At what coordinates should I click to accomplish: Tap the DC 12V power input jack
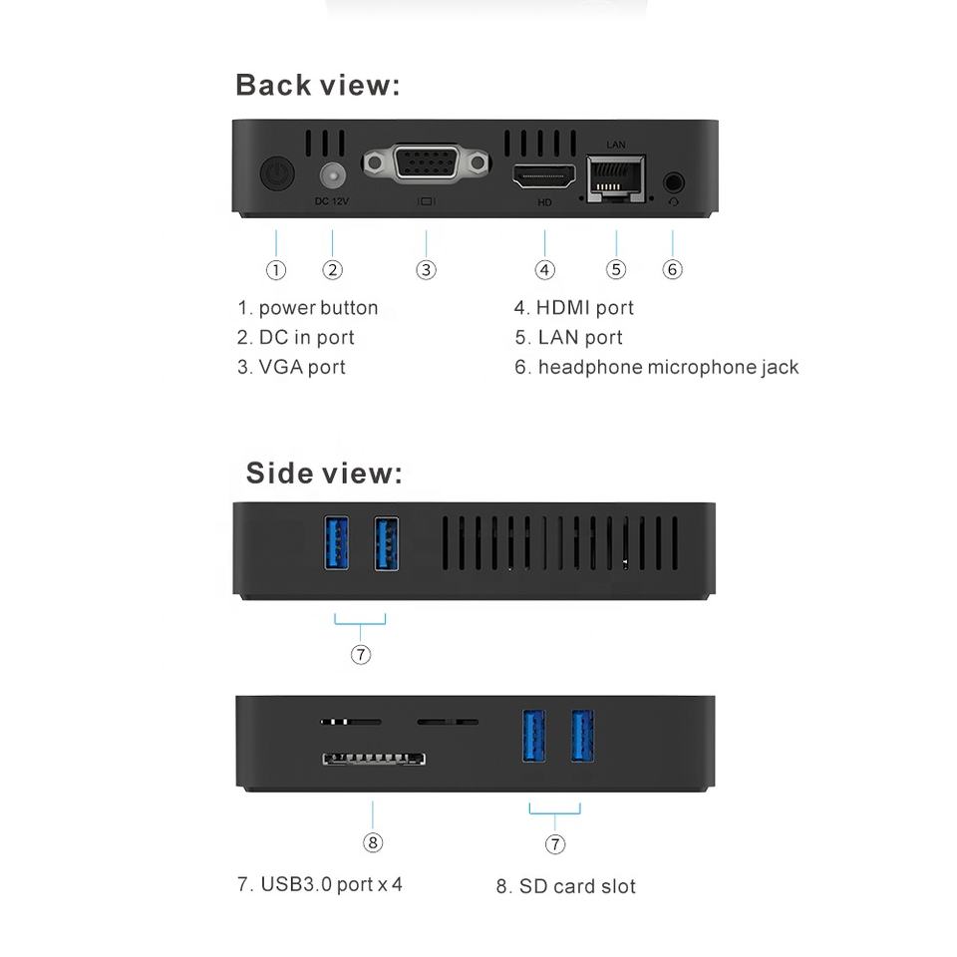pos(332,175)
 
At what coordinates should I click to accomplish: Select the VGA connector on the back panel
pos(426,162)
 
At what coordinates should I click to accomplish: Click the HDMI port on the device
pos(544,178)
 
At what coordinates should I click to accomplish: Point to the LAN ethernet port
pos(615,178)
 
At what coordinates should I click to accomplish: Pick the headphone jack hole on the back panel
pos(674,182)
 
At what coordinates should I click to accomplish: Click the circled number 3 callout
pos(426,269)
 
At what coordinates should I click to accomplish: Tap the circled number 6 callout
pos(673,269)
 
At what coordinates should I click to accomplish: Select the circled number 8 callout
pos(373,842)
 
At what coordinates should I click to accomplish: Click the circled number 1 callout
pos(276,269)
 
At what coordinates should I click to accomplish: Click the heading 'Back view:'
pos(317,86)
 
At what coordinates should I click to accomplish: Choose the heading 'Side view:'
pos(324,473)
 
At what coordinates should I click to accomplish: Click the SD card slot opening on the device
pos(373,759)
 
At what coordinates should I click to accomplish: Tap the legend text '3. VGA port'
pos(291,367)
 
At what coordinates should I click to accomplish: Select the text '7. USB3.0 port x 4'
pos(320,884)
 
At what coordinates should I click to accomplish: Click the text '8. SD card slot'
pos(565,886)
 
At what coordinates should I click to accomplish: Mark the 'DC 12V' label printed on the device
pos(332,201)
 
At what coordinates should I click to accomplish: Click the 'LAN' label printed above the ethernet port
pos(615,146)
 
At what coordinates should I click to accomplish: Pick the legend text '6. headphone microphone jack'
pos(657,367)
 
